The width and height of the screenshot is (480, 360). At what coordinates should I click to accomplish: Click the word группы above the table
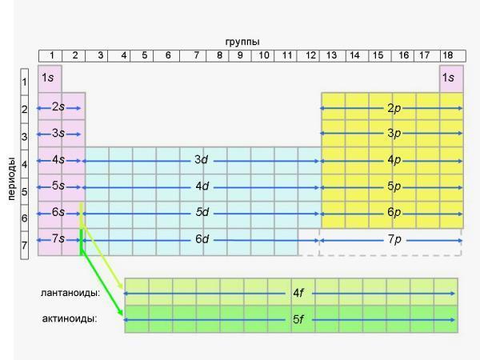[x=242, y=42]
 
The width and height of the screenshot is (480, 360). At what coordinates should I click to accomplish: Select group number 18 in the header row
[x=448, y=55]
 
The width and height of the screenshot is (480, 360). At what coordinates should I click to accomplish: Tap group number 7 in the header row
[x=195, y=55]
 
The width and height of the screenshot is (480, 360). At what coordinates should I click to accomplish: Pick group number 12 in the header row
[x=310, y=55]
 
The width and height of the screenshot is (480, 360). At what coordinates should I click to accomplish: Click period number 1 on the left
[x=26, y=82]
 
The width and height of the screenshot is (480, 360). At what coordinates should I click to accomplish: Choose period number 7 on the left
[x=26, y=245]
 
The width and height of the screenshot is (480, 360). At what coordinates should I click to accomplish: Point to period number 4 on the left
[x=26, y=164]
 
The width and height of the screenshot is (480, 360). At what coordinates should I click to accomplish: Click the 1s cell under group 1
[x=48, y=78]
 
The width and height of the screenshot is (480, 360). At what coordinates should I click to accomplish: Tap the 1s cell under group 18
[x=450, y=78]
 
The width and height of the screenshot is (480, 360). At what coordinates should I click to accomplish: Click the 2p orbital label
[x=394, y=108]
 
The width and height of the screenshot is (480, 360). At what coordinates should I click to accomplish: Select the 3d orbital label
[x=202, y=161]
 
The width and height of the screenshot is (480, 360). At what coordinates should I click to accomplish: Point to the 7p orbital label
[x=394, y=240]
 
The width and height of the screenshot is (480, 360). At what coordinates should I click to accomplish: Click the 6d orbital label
[x=202, y=240]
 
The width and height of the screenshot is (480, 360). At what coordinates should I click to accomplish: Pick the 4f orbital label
[x=298, y=294]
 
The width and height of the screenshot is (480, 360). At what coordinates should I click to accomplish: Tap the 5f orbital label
[x=298, y=320]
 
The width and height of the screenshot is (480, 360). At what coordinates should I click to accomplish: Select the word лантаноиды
[x=76, y=293]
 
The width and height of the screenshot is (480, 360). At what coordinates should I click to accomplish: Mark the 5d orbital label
[x=202, y=214]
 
